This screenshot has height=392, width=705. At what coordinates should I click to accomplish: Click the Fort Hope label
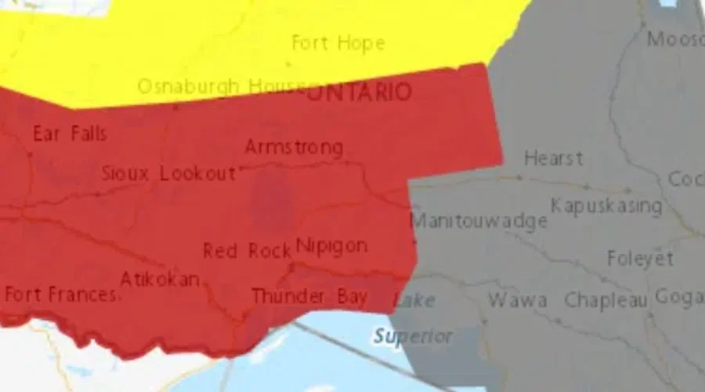click(338, 42)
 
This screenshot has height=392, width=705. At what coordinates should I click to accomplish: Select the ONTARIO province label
click(358, 93)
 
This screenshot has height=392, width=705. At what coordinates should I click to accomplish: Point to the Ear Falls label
click(70, 134)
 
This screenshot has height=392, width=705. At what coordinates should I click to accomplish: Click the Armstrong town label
click(294, 147)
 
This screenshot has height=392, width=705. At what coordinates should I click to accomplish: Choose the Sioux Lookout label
click(168, 174)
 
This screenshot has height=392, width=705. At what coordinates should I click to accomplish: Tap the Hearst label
click(553, 158)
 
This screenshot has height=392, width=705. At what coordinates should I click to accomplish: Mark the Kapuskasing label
click(606, 206)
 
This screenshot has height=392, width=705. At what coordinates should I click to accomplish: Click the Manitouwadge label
click(479, 221)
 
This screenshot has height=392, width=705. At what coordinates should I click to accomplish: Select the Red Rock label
click(241, 251)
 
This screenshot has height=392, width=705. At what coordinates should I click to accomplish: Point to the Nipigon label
click(331, 246)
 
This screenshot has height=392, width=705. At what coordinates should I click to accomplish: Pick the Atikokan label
click(160, 280)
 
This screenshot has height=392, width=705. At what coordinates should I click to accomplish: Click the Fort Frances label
click(60, 296)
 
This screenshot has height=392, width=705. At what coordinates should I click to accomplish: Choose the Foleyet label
click(640, 259)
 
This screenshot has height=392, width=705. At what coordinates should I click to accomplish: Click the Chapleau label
click(606, 300)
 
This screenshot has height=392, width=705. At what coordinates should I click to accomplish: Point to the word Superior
click(413, 337)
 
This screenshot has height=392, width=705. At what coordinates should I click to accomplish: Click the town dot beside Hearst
click(519, 178)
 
